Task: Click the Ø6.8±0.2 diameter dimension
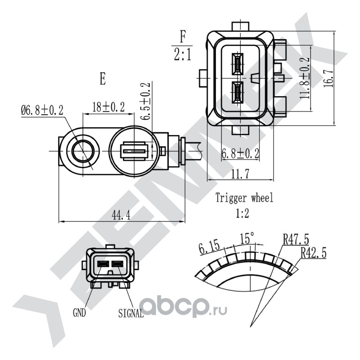pyautogui.click(x=42, y=110)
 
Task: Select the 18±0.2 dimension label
pyautogui.click(x=108, y=107)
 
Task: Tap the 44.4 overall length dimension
pyautogui.click(x=121, y=216)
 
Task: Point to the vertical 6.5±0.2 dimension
pyautogui.click(x=145, y=101)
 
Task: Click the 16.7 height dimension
pyautogui.click(x=328, y=78)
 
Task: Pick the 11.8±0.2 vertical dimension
pyautogui.click(x=305, y=78)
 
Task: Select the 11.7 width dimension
pyautogui.click(x=240, y=174)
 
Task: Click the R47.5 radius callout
pyautogui.click(x=296, y=239)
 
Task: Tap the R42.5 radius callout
pyautogui.click(x=313, y=253)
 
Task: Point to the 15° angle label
pyautogui.click(x=247, y=238)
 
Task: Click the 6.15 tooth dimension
pyautogui.click(x=209, y=247)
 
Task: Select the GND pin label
pyautogui.click(x=79, y=312)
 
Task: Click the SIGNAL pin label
pyautogui.click(x=131, y=313)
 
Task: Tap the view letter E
pyautogui.click(x=103, y=79)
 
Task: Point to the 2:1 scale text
pyautogui.click(x=183, y=55)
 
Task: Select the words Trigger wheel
pyautogui.click(x=244, y=198)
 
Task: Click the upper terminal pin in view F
pyautogui.click(x=238, y=64)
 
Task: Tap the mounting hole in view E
pyautogui.click(x=83, y=151)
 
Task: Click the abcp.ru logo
pyautogui.click(x=183, y=307)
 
